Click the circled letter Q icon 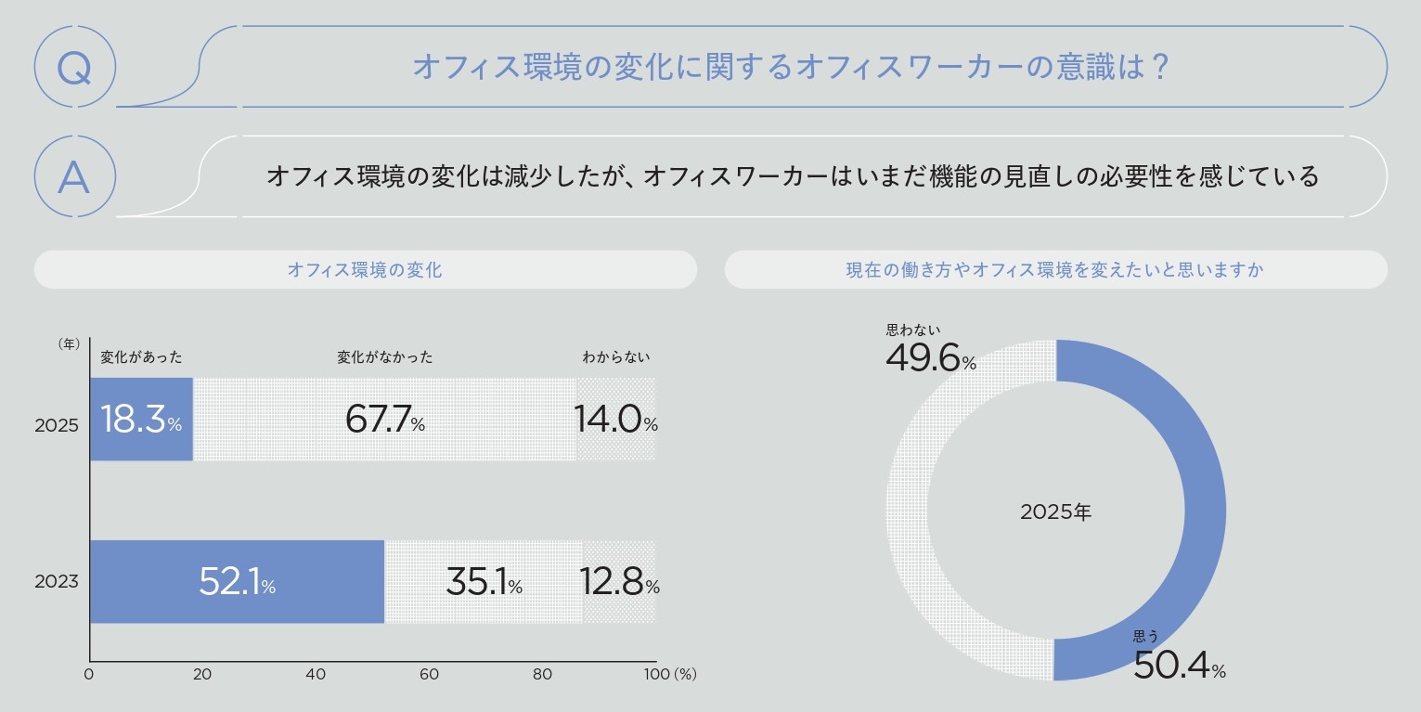74,67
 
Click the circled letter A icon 74,176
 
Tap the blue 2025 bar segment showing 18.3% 141,420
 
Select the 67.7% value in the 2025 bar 384,420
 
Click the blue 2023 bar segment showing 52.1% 237,582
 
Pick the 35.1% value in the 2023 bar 484,582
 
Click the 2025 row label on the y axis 57,426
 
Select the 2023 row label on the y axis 57,582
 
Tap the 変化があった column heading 141,356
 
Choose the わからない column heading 616,356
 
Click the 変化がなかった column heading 384,356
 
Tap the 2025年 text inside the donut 1056,512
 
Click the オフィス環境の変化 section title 365,270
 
